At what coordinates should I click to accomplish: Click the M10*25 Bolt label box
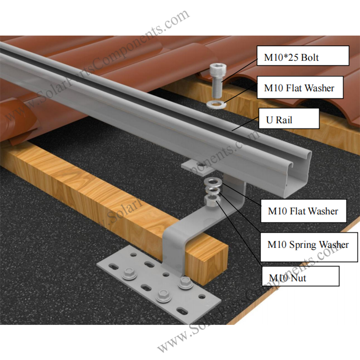coord(302,56)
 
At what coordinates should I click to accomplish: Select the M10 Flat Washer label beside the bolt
coord(300,87)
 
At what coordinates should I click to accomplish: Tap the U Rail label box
coord(289,118)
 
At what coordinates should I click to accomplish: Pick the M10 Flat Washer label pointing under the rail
coord(303,211)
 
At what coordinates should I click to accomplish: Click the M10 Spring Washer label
coord(309,247)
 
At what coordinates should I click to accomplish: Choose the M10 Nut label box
coord(300,276)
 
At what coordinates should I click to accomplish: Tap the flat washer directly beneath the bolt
coord(216,104)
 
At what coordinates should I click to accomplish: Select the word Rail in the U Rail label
coord(284,120)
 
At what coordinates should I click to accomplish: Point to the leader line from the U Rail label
coord(245,123)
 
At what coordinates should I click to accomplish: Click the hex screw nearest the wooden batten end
coord(185,282)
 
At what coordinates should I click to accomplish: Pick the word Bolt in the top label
coord(310,58)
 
